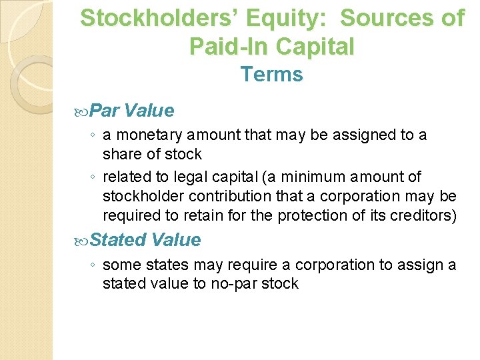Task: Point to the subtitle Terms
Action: pos(271,74)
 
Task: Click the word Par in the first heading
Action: pos(105,110)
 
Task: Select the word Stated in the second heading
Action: pos(118,239)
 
